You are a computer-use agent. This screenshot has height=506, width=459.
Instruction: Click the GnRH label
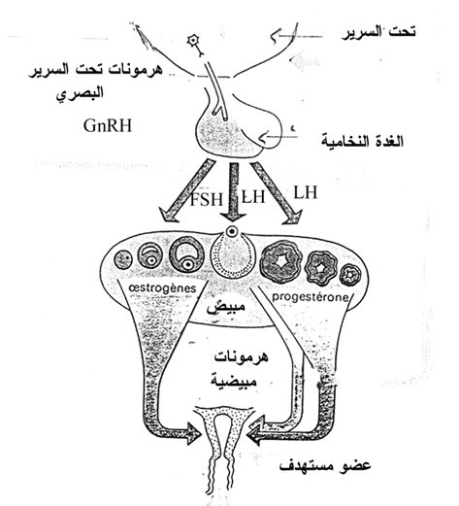click(x=108, y=125)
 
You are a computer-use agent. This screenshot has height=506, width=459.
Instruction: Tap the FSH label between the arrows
click(x=206, y=199)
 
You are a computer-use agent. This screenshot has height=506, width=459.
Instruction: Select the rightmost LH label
click(x=305, y=192)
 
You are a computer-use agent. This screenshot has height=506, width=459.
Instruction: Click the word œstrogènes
click(x=162, y=287)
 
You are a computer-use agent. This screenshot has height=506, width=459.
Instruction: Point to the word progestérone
click(x=311, y=296)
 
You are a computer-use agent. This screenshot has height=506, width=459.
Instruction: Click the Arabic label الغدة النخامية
click(x=362, y=142)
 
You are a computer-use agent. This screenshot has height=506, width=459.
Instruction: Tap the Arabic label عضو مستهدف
click(x=325, y=466)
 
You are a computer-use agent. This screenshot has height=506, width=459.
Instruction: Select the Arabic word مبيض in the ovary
click(x=226, y=309)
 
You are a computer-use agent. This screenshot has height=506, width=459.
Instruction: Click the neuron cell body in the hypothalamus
click(x=193, y=41)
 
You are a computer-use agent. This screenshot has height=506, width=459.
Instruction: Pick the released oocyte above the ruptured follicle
click(x=232, y=231)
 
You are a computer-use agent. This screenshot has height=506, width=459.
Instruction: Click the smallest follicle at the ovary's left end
click(x=123, y=259)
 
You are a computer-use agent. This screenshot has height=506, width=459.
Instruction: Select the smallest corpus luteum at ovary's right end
click(x=350, y=275)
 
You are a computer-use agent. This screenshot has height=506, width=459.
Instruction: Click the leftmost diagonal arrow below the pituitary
click(x=186, y=191)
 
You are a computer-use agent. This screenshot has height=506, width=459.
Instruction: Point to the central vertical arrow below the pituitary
click(x=233, y=194)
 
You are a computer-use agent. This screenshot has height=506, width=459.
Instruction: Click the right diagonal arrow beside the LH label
click(x=276, y=192)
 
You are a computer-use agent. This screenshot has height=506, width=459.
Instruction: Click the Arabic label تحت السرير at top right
click(x=378, y=32)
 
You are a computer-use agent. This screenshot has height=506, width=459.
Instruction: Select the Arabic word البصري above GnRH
click(x=80, y=92)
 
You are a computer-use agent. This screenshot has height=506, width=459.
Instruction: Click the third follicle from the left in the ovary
click(x=187, y=259)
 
